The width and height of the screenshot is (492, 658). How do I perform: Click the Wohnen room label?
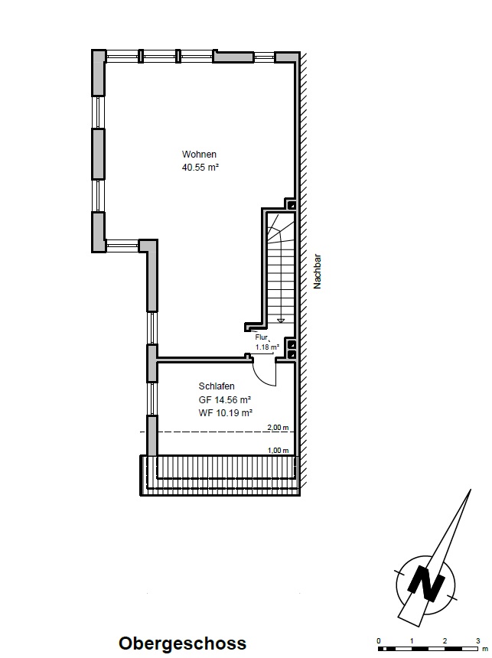pyautogui.click(x=199, y=155)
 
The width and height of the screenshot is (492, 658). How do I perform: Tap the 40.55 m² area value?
pyautogui.click(x=200, y=167)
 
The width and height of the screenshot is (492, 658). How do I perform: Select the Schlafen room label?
pyautogui.click(x=217, y=386)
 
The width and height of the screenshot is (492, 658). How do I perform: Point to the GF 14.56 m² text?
pyautogui.click(x=225, y=399)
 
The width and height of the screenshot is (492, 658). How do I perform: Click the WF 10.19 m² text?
pyautogui.click(x=226, y=413)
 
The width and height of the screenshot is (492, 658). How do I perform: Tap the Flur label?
pyautogui.click(x=261, y=337)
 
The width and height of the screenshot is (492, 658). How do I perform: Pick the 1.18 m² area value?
pyautogui.click(x=267, y=347)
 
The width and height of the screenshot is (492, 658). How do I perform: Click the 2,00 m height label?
pyautogui.click(x=279, y=428)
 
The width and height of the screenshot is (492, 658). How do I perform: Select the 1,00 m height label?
pyautogui.click(x=279, y=451)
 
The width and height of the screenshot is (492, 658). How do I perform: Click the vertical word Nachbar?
pyautogui.click(x=318, y=271)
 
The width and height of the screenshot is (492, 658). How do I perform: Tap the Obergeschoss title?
pyautogui.click(x=182, y=643)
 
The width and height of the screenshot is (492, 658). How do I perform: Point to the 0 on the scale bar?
pyautogui.click(x=379, y=641)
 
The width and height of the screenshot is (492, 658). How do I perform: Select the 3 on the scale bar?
pyautogui.click(x=477, y=641)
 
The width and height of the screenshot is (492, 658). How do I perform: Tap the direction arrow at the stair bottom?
pyautogui.click(x=281, y=321)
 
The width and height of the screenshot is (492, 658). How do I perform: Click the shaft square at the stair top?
pyautogui.click(x=291, y=205)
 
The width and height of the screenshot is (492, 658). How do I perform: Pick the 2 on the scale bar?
pyautogui.click(x=445, y=641)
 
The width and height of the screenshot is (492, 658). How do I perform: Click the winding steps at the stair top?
pyautogui.click(x=280, y=229)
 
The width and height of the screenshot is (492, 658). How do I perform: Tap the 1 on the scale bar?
pyautogui.click(x=412, y=641)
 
